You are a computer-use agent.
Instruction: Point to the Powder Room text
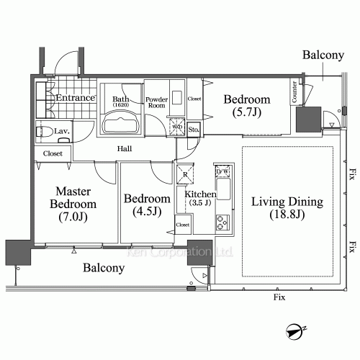[x=157, y=103]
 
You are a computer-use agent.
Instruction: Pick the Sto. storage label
[x=194, y=130]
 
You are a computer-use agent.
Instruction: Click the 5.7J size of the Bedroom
[x=246, y=112]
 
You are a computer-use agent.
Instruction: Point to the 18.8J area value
[x=287, y=215]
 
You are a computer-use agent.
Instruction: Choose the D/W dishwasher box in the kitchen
[x=222, y=171]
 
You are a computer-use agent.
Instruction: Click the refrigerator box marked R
[x=185, y=173]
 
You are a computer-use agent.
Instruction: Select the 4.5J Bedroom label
[x=147, y=206]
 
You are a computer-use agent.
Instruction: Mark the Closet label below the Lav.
[x=53, y=153]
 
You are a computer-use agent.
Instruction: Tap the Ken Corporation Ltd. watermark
[x=179, y=253]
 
